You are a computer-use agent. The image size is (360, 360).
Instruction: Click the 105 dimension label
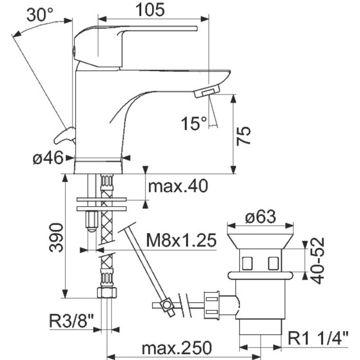[x=150, y=10]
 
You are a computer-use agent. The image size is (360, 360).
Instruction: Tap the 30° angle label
[x=40, y=15]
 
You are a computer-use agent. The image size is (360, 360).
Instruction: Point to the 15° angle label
[x=194, y=124]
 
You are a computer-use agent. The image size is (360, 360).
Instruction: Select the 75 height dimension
[x=244, y=135]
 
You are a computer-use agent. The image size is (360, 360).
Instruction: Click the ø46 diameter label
[x=48, y=158]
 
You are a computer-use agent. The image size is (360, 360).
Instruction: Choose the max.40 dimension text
[x=178, y=186]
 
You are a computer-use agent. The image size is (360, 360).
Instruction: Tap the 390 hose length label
[x=56, y=238]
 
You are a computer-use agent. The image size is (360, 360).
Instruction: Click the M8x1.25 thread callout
[x=182, y=240]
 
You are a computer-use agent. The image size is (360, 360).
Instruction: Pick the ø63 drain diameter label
[x=260, y=217]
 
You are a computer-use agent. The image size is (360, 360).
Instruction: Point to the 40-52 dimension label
[x=317, y=261]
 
